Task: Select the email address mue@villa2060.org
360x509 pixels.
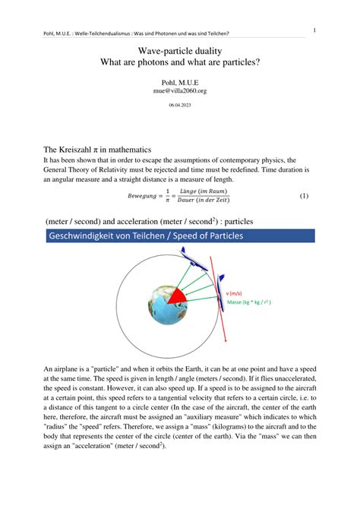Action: point(179,90)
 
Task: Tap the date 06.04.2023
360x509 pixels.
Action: point(179,106)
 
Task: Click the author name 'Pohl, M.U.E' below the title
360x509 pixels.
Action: point(179,81)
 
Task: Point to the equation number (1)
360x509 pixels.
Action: point(304,195)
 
